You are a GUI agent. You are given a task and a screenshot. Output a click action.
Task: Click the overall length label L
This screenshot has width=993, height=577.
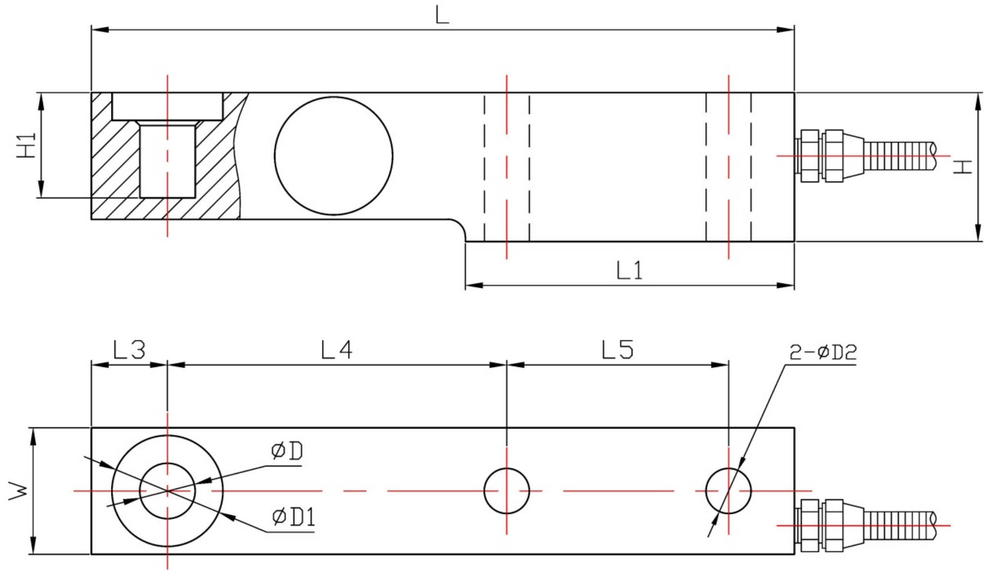tap(442, 15)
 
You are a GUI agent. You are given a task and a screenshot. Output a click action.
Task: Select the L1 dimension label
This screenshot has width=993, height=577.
tap(629, 270)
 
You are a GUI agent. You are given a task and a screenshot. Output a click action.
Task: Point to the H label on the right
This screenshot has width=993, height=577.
tap(964, 167)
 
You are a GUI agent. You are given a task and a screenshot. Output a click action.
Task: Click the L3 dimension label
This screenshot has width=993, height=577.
tap(129, 350)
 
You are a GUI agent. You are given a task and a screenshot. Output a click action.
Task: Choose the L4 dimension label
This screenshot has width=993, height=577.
tap(337, 350)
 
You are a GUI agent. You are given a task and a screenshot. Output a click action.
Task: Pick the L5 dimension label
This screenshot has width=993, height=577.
tap(617, 350)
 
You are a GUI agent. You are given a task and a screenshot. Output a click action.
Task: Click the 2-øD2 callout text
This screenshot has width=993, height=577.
tap(823, 352)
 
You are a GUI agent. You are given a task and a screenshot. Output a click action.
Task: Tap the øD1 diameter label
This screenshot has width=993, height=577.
tap(294, 517)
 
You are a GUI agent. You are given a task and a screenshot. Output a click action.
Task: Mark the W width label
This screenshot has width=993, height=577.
tap(19, 491)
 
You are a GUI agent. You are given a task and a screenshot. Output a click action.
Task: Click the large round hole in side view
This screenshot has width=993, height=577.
tap(333, 156)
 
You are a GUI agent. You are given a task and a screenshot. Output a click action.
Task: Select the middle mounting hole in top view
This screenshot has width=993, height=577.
tap(506, 491)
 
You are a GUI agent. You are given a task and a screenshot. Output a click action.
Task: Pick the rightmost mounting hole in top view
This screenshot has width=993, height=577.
tap(728, 491)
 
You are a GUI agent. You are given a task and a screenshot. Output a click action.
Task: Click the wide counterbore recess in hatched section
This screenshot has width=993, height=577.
tap(168, 107)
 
